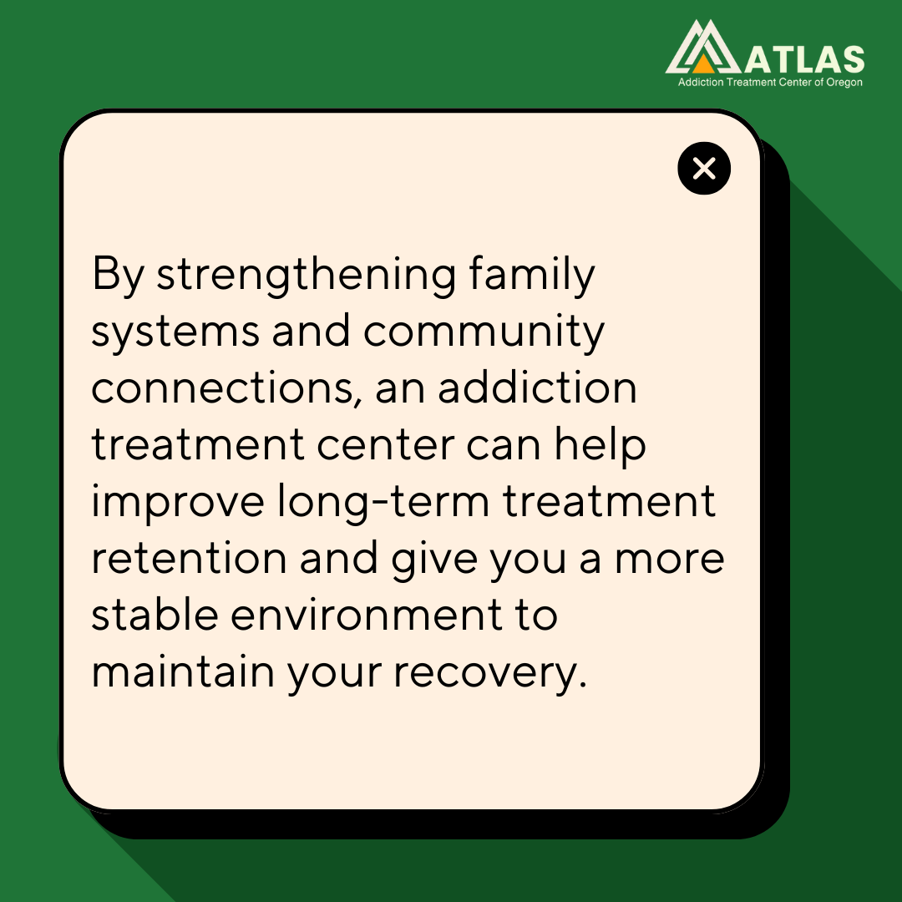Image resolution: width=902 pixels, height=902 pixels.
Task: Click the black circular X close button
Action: (x=704, y=170)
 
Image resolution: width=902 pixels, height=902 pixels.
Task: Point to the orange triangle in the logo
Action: (x=704, y=63)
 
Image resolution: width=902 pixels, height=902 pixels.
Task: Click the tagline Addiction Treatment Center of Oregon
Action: (x=769, y=83)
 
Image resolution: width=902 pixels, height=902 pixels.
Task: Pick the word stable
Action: (x=153, y=616)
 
